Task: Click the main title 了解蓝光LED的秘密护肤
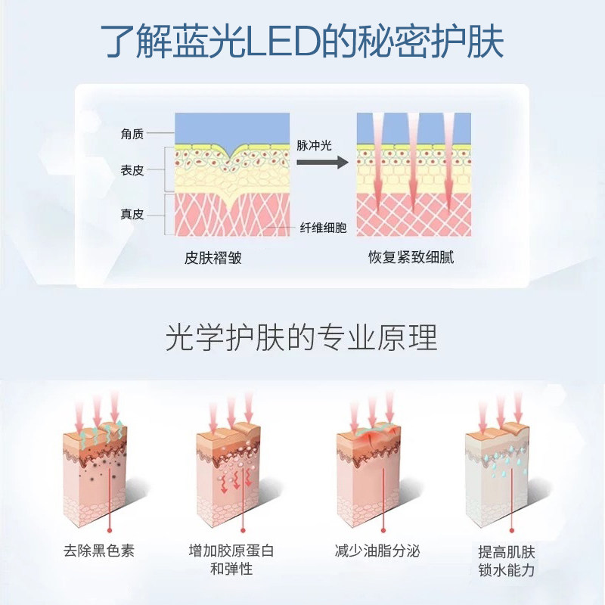pos(302,42)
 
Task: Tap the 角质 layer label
pos(132,134)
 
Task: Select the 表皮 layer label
pos(132,170)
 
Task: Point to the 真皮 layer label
pos(132,214)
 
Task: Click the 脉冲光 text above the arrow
pos(314,145)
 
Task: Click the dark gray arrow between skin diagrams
pos(322,162)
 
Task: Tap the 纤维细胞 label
pos(324,228)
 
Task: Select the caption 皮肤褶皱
pos(213,258)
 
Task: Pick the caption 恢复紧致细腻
pos(411,257)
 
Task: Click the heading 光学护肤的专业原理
pos(302,337)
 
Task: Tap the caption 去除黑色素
pos(99,551)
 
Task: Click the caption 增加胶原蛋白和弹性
pos(231,560)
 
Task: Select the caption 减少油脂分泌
pos(377,551)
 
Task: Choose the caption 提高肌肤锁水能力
pos(507,561)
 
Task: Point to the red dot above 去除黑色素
pos(110,531)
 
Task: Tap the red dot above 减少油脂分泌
pos(383,531)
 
